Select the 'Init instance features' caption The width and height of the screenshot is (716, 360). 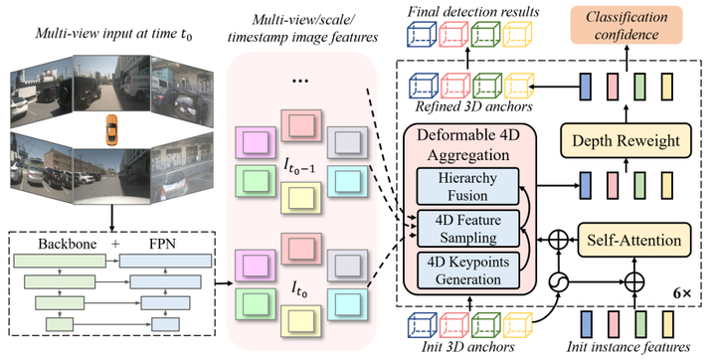point(632,347)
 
